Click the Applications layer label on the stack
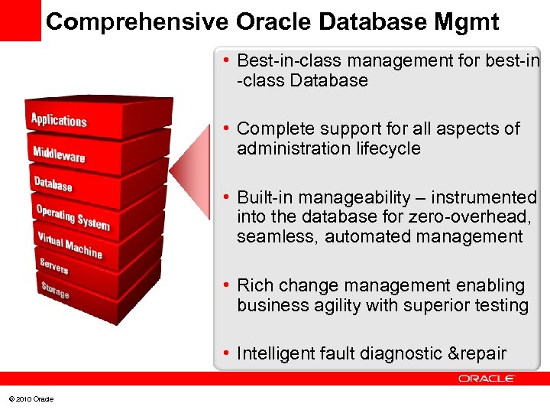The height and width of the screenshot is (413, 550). [59, 120]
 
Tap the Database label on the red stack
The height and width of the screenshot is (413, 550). [53, 184]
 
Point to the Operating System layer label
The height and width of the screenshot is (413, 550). [73, 216]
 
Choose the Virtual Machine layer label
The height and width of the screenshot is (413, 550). [70, 244]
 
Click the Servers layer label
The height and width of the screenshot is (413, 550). [54, 265]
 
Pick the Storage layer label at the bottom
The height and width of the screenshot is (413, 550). [55, 290]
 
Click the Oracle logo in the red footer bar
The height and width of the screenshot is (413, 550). [487, 379]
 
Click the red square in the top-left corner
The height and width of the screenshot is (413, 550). [20, 20]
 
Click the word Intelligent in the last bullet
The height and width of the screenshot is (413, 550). [274, 353]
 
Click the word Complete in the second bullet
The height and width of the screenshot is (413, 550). [274, 128]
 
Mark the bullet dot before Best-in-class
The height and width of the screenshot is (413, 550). [227, 60]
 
